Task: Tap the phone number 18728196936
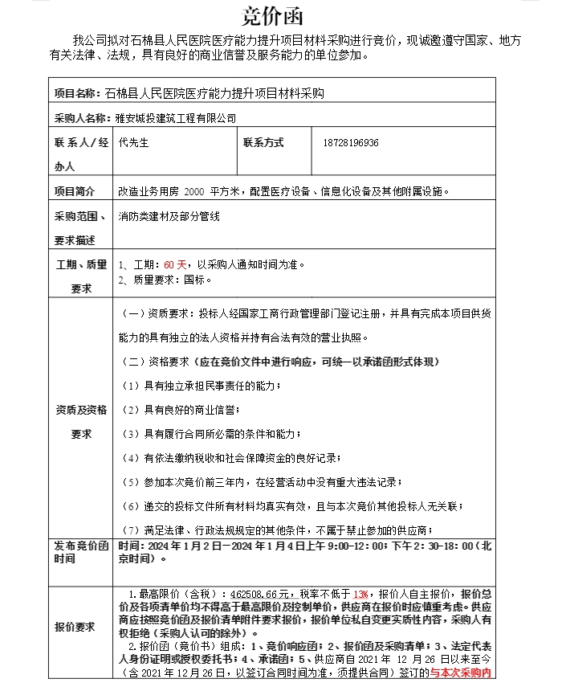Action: (x=349, y=143)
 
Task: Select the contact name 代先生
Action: (x=133, y=143)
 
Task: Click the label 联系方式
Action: (x=263, y=143)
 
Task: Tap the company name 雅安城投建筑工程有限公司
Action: (x=176, y=118)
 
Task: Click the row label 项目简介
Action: (x=74, y=191)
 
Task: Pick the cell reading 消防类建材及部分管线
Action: (x=169, y=216)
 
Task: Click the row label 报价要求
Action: (x=75, y=627)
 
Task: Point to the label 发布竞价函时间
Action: (x=80, y=552)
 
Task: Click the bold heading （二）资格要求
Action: (x=279, y=362)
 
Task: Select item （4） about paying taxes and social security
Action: (x=231, y=458)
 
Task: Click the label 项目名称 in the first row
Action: (x=77, y=93)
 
